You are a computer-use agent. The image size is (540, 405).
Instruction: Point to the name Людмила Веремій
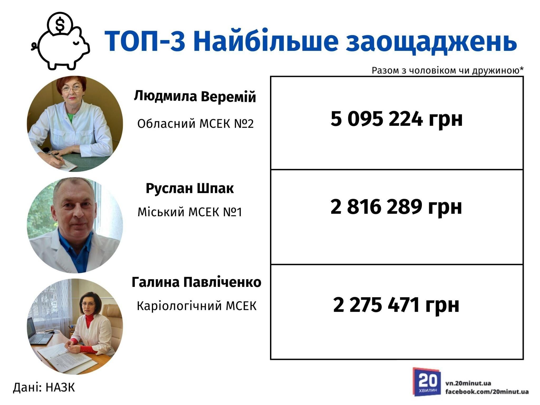pos(195,97)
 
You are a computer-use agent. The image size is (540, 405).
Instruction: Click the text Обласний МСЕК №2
pos(195,124)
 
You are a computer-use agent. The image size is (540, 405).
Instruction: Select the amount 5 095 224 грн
pos(397,119)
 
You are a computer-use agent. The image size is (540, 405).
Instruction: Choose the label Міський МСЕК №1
pos(190,212)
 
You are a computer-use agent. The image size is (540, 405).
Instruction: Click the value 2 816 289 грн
pos(396,207)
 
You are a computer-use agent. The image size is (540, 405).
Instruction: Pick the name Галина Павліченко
pos(196,282)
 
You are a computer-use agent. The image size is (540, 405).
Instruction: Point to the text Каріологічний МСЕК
pos(197,306)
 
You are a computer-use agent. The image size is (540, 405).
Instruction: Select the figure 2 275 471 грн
pos(396,305)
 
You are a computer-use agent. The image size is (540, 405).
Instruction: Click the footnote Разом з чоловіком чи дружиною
pos(447,71)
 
